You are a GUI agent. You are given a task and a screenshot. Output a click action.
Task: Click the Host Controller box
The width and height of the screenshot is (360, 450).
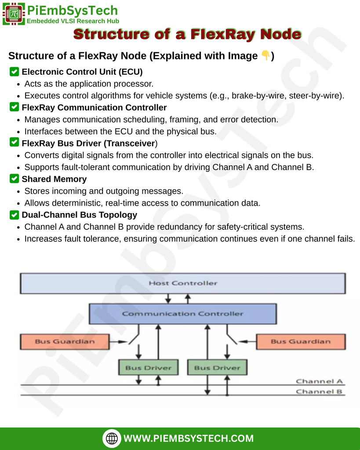tap(182, 283)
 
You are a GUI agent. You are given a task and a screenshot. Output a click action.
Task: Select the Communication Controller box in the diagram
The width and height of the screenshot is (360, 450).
tap(182, 314)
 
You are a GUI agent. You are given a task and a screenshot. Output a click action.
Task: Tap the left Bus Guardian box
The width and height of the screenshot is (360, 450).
tap(64, 341)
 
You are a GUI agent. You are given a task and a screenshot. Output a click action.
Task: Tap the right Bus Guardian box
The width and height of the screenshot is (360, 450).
tap(300, 341)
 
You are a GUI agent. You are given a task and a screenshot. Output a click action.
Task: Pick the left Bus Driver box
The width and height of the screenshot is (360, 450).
tap(148, 367)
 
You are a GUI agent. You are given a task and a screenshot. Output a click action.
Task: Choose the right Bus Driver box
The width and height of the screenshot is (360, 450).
tap(217, 367)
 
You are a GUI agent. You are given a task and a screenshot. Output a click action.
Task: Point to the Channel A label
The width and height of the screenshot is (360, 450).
tap(319, 381)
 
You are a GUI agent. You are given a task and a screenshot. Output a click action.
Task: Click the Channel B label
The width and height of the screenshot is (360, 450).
tap(319, 392)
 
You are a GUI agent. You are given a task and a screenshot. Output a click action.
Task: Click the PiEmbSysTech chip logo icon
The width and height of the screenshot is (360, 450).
tap(13, 14)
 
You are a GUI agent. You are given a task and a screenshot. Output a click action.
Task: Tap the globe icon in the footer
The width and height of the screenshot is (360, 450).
tap(112, 438)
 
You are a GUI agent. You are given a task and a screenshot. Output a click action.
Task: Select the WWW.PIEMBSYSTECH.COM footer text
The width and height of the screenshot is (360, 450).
tap(189, 438)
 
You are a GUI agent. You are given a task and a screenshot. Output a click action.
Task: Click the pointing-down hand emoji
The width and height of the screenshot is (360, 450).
tap(265, 56)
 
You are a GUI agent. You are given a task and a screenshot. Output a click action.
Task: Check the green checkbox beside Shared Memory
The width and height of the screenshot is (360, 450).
tap(14, 179)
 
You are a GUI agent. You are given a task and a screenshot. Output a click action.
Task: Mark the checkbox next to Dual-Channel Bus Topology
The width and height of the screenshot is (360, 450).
tap(14, 215)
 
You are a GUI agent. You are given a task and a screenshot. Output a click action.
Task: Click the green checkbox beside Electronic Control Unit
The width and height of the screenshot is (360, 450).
tap(14, 71)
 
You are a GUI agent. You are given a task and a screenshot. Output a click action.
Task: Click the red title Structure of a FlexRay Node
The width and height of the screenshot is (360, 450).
tap(187, 34)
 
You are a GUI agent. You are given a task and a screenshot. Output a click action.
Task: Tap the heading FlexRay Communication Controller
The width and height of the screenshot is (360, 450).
tap(94, 107)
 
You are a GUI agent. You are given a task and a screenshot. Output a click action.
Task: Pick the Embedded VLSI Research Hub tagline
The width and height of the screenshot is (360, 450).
tap(73, 21)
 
